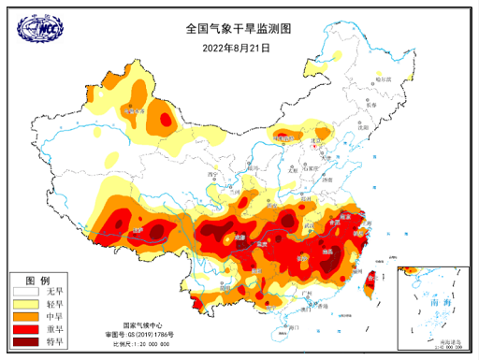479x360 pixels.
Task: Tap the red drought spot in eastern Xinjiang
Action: click(x=166, y=120)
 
